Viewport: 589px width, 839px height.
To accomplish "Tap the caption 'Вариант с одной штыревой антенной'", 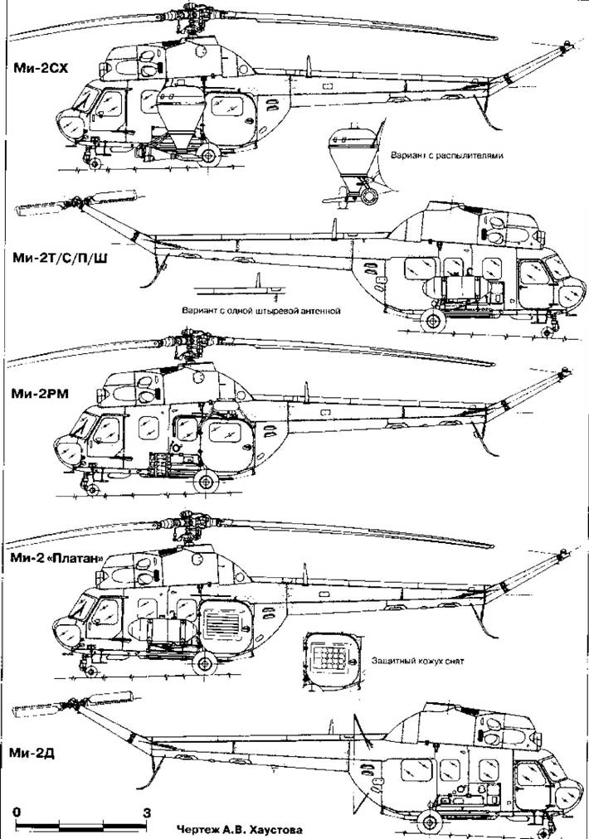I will click(x=260, y=311).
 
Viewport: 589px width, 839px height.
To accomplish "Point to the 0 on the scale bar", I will click(x=17, y=812).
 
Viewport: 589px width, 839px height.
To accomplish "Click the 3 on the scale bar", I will click(x=147, y=812).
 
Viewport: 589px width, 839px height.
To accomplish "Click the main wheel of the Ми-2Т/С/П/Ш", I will click(x=431, y=320).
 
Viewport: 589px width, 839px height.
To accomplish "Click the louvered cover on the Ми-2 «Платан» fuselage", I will click(x=226, y=623).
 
